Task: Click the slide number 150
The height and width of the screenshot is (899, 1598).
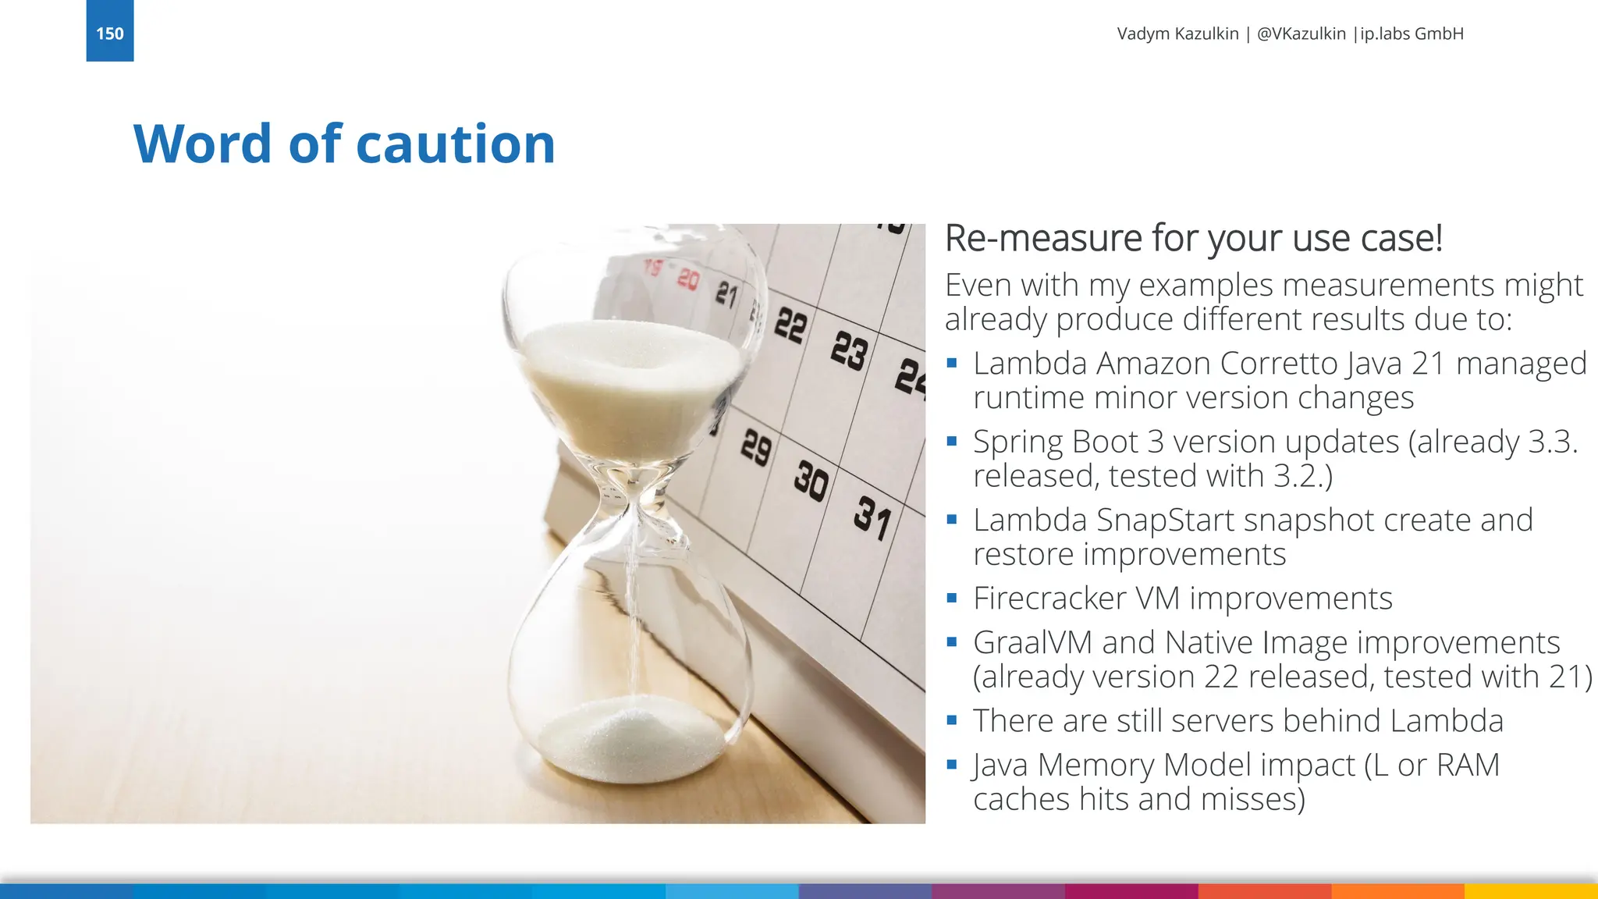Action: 109,34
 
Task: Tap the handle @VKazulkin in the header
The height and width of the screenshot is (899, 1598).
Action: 1301,34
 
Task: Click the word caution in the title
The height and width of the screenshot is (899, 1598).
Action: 456,144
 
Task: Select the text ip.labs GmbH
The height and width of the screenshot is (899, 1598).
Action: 1412,34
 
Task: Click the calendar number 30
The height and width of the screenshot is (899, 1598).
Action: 811,481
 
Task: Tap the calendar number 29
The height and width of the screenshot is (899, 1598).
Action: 755,447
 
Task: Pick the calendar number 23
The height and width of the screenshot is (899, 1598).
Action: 849,350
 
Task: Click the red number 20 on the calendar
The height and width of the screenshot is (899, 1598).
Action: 688,279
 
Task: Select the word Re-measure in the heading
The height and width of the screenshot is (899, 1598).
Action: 1043,239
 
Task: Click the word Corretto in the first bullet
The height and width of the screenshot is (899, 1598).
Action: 1278,364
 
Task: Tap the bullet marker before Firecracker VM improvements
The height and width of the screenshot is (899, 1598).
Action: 951,599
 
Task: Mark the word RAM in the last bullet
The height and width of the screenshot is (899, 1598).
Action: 1467,766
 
